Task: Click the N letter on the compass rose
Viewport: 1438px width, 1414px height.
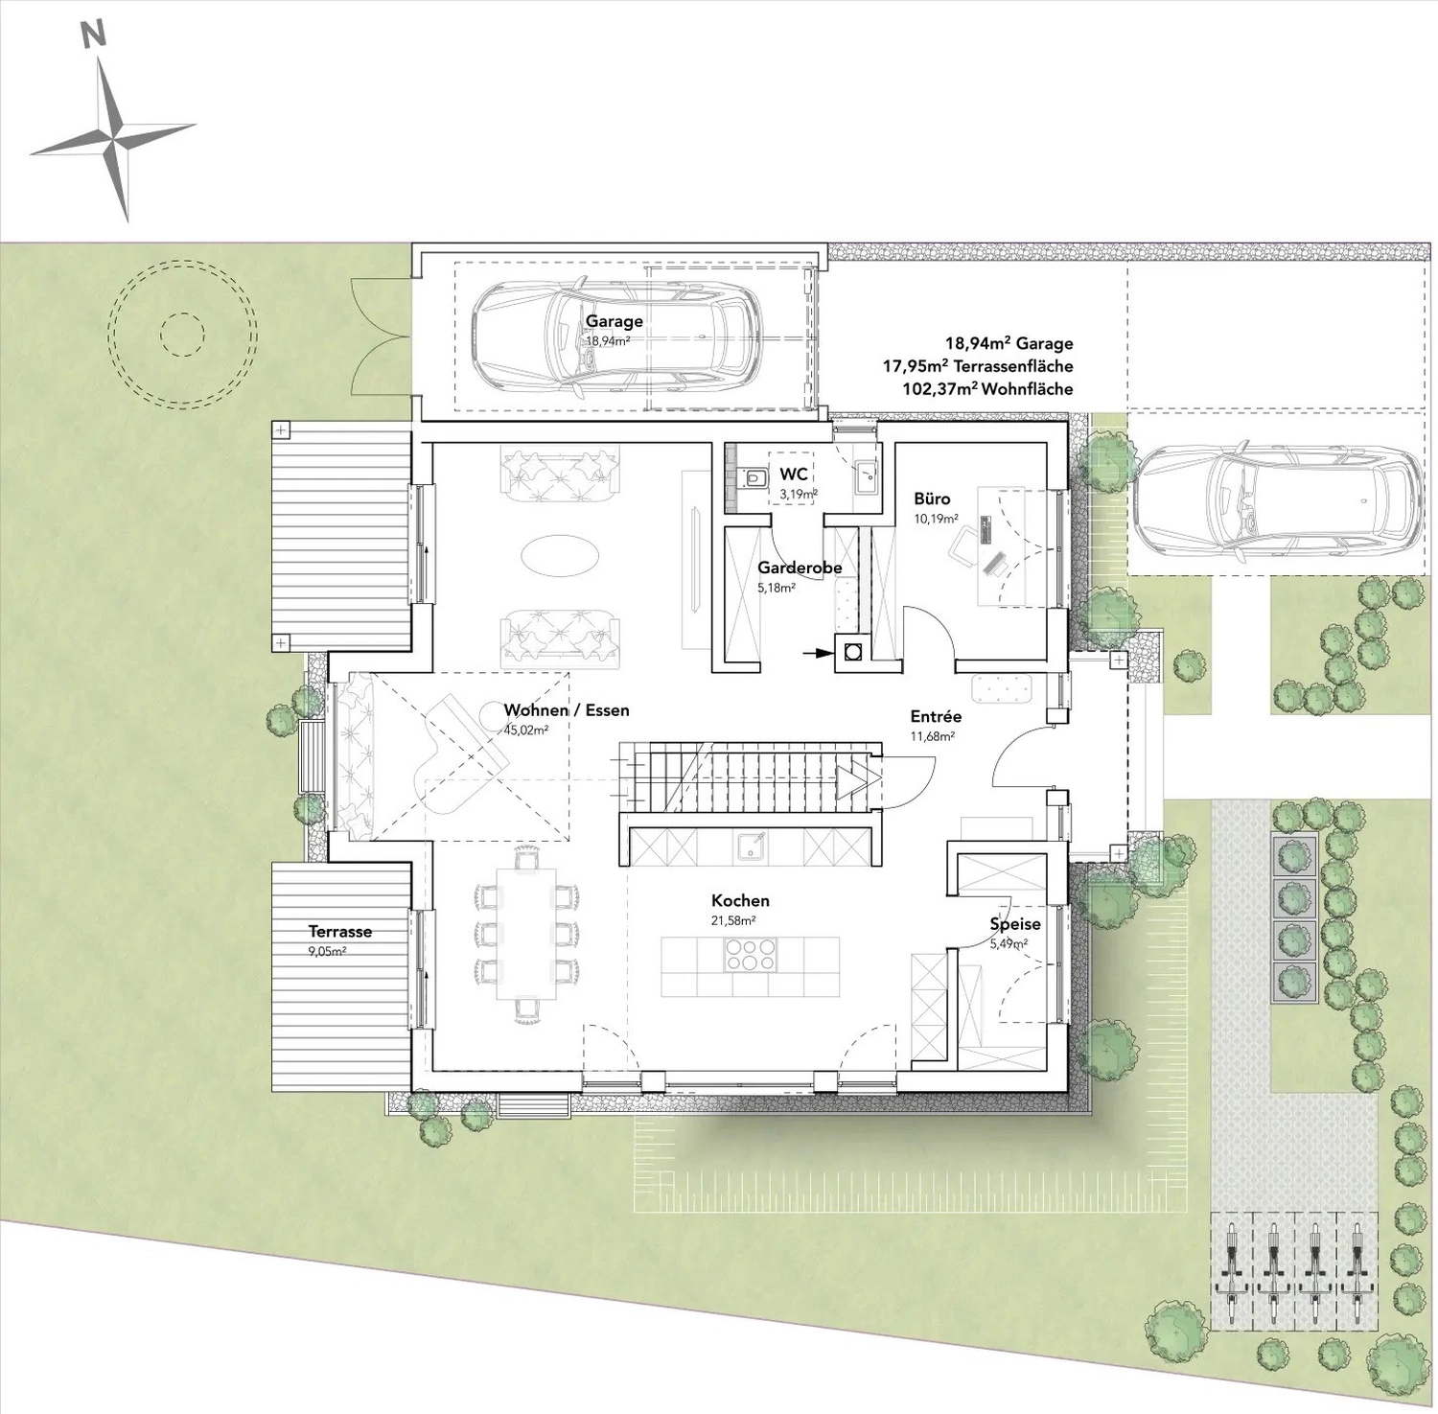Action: (93, 35)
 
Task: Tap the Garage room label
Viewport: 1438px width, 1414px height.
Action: (615, 321)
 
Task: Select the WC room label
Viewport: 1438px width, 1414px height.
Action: (793, 475)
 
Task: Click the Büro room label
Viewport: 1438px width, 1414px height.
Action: (932, 498)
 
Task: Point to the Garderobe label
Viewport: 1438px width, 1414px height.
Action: (800, 568)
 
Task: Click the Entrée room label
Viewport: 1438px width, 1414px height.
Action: (936, 716)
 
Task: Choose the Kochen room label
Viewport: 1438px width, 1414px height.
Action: (740, 901)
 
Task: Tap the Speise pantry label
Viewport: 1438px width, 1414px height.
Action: (1015, 924)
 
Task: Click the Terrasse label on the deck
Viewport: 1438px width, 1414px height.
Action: (340, 931)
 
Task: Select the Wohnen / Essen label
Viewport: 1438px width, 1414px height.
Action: (567, 710)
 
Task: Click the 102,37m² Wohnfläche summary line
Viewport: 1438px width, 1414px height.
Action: (987, 389)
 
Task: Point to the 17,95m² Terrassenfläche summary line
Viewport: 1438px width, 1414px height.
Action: (978, 366)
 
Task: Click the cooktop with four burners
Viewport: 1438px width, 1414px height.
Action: (751, 954)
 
